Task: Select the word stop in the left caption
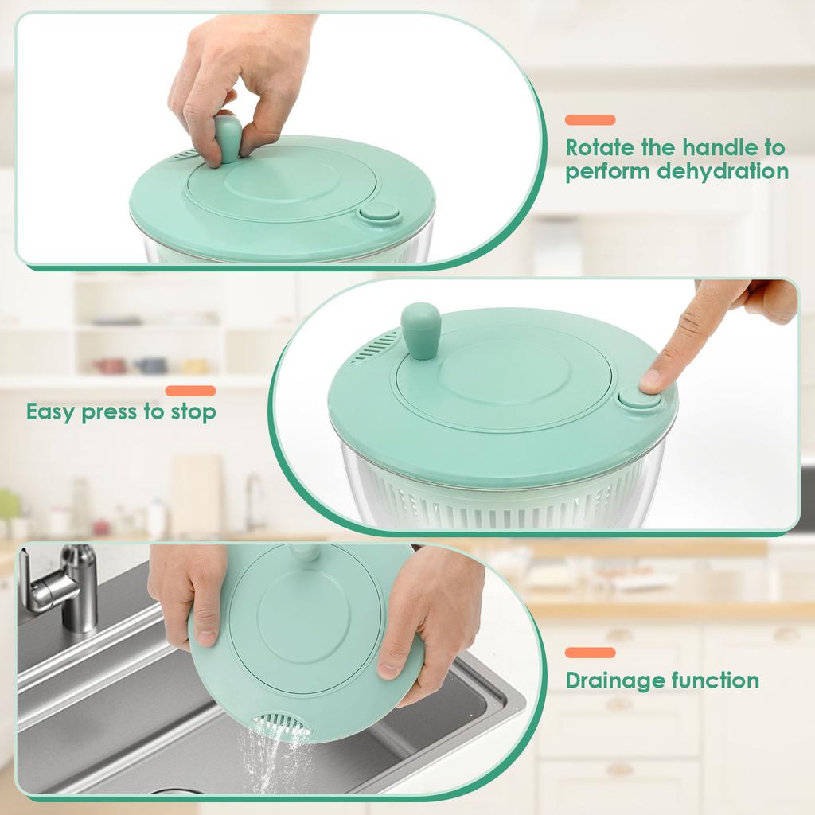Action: [x=193, y=412]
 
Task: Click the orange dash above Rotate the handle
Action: [x=590, y=120]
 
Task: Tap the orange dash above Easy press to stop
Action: [x=190, y=391]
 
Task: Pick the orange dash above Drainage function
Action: [x=590, y=653]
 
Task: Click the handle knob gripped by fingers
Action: [x=228, y=137]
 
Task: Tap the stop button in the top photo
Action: [x=379, y=213]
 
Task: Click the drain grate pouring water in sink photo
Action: [x=279, y=723]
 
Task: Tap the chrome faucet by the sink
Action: [x=64, y=585]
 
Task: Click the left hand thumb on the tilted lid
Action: [x=205, y=629]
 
